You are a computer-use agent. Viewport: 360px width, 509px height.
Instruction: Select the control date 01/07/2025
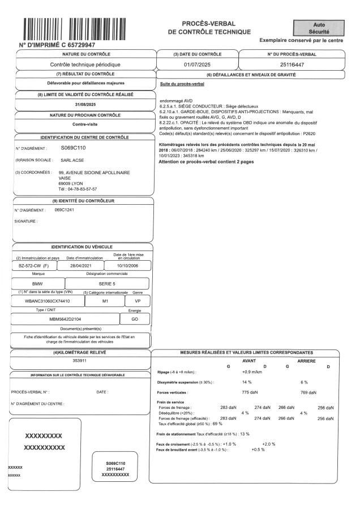(x=197, y=64)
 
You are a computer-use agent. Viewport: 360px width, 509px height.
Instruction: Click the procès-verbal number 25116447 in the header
(x=293, y=64)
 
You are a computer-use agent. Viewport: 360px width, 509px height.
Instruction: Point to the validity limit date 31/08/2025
(x=86, y=105)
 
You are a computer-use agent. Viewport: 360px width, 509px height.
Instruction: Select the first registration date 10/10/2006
(x=128, y=265)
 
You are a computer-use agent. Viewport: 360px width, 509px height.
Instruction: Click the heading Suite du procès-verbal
(x=183, y=84)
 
